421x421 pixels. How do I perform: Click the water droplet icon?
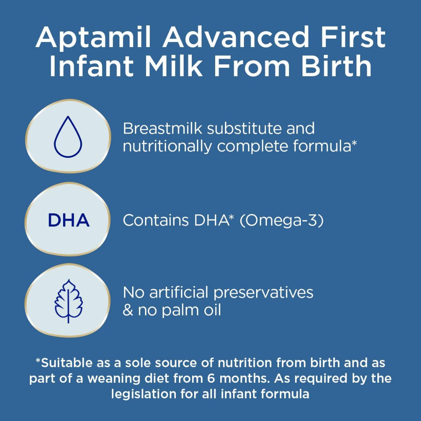68,137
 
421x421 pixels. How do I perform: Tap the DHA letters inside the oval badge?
69,221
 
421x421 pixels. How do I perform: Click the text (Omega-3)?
281,221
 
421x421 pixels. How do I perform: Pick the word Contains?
156,221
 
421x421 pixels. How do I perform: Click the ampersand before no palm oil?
127,310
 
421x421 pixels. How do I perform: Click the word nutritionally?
167,147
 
